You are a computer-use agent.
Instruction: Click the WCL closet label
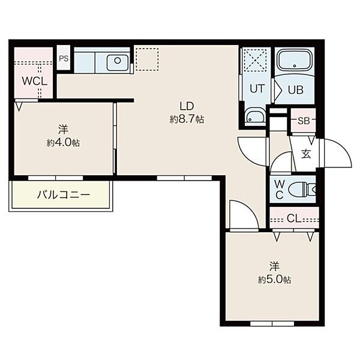(x=34, y=81)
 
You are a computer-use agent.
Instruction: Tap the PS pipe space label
(x=64, y=59)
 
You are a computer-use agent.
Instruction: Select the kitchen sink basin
(x=118, y=62)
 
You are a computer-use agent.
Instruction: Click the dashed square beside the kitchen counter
(x=147, y=59)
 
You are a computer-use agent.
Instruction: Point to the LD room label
(x=187, y=106)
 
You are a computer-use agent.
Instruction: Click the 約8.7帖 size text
(x=187, y=119)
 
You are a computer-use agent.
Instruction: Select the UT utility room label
(x=257, y=89)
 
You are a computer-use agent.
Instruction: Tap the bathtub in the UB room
(x=295, y=61)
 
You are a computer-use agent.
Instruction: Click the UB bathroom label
(x=296, y=90)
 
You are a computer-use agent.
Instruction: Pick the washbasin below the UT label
(x=255, y=117)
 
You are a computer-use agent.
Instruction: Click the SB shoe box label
(x=304, y=121)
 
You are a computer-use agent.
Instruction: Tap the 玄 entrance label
(x=306, y=154)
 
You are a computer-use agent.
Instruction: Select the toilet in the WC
(x=301, y=190)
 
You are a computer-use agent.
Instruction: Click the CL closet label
(x=294, y=218)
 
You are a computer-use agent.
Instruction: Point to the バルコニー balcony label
(x=64, y=195)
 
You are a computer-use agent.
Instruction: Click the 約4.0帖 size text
(x=64, y=143)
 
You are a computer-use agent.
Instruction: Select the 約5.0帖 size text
(x=275, y=280)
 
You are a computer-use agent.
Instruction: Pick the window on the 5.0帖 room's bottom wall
(x=272, y=324)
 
